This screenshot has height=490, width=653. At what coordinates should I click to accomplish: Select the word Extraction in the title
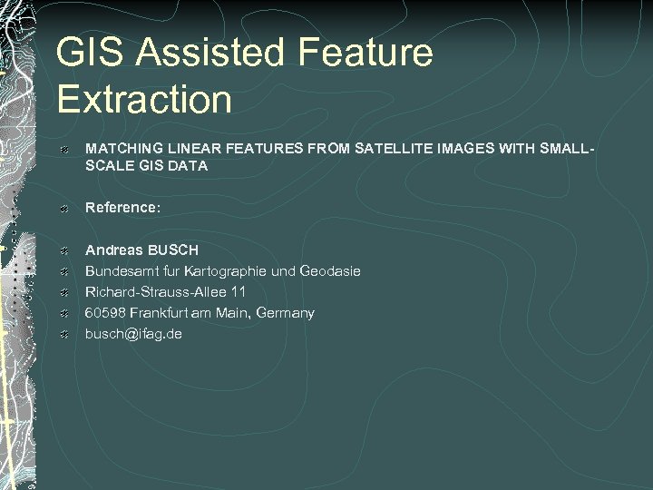click(x=144, y=99)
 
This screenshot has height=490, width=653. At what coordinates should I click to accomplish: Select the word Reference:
click(x=122, y=208)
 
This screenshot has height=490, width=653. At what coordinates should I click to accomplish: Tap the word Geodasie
click(x=330, y=270)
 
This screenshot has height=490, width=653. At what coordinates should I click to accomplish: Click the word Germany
click(x=286, y=312)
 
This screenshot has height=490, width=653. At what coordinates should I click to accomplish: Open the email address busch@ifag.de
click(x=133, y=333)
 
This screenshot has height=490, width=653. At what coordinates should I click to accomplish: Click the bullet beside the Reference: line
click(x=63, y=209)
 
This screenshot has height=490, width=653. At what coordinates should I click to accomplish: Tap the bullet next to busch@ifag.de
click(x=63, y=334)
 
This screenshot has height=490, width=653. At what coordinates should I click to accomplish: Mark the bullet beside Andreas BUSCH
click(x=63, y=250)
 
